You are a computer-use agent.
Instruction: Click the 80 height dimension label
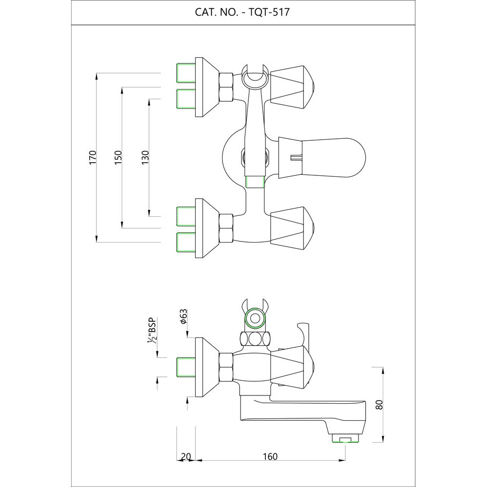pos(380,405)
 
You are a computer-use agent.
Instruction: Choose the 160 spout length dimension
pos(270,456)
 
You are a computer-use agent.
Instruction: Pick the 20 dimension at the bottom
pos(186,456)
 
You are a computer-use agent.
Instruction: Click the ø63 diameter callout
pos(184,317)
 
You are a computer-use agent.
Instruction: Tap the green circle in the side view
pos(254,319)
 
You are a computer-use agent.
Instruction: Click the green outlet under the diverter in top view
pos(254,182)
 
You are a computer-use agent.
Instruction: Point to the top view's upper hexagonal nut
pos(225,87)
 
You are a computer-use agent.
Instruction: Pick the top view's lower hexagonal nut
pos(225,228)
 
